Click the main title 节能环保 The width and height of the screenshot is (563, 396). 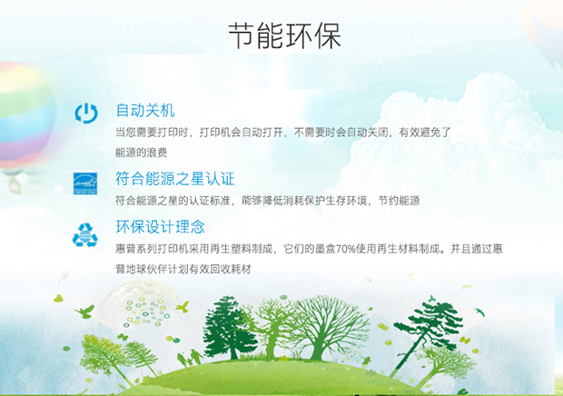pos(284,35)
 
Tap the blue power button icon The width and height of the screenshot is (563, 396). pos(86,113)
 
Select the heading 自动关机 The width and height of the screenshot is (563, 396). pos(145,110)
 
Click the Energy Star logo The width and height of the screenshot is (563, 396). pos(85,183)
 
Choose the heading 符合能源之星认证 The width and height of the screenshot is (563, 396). pos(175,178)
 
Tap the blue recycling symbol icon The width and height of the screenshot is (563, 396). pos(85,235)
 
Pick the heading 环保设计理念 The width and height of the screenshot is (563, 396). pos(160,226)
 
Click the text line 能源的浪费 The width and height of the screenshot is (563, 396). pos(141,153)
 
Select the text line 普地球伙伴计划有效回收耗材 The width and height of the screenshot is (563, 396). pos(183,269)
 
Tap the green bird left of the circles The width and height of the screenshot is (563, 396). pos(85,311)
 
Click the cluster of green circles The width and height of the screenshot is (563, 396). pos(146,312)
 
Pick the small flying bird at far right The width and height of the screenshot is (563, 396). pos(479,312)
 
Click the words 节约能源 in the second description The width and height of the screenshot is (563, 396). pos(399,201)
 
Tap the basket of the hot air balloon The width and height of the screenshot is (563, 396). pos(15,186)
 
